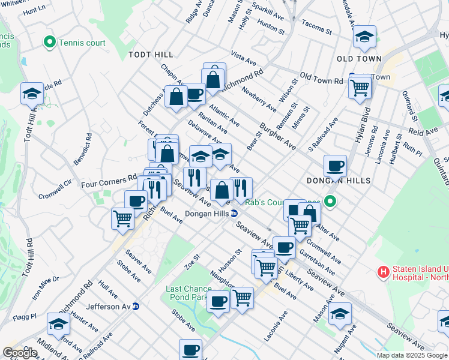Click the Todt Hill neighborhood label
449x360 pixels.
click(x=150, y=55)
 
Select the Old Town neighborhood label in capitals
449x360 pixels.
click(x=359, y=59)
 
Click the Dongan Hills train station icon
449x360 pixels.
click(x=235, y=213)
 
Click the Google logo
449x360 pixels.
click(x=20, y=352)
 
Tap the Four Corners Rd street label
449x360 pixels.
click(x=109, y=179)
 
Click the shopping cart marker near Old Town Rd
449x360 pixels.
click(x=360, y=88)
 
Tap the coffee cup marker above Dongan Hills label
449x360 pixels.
click(x=335, y=165)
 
